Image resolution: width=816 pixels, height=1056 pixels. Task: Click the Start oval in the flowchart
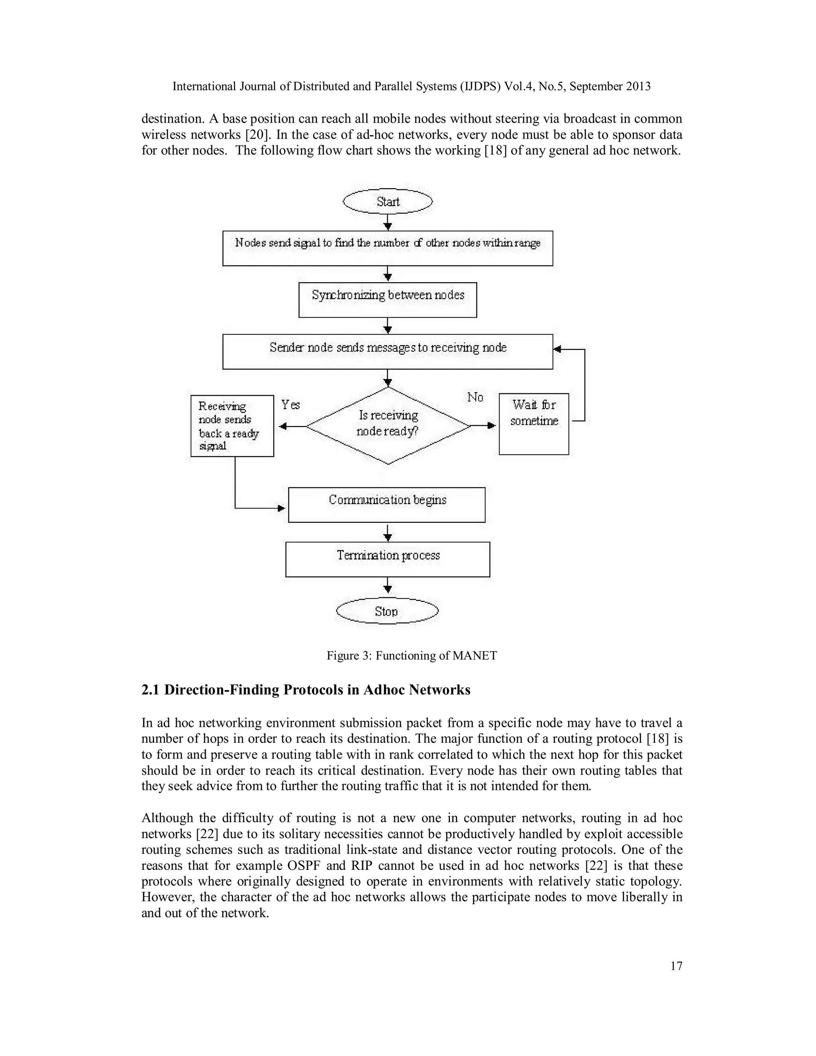[x=388, y=201]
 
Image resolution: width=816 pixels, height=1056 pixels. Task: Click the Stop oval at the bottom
[x=387, y=611]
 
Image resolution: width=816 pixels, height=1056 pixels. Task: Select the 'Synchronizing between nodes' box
[x=388, y=300]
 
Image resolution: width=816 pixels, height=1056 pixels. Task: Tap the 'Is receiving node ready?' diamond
[x=388, y=425]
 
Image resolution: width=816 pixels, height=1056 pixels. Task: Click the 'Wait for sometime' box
[x=534, y=424]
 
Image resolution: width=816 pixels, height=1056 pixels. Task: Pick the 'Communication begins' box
[x=387, y=505]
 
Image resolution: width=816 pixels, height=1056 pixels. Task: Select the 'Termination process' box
[x=388, y=559]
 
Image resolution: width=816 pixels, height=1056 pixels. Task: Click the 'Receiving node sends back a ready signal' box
[x=232, y=426]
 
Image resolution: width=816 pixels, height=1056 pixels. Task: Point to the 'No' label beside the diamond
[x=475, y=397]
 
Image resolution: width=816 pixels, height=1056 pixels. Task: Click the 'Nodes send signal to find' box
[x=388, y=248]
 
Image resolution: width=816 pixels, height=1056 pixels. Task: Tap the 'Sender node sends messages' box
[x=388, y=351]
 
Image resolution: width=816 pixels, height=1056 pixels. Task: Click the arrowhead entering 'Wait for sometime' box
[x=492, y=426]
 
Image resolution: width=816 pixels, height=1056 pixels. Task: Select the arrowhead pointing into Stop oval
[x=387, y=589]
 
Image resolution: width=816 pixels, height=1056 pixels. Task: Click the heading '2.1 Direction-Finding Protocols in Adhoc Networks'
[x=306, y=690]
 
